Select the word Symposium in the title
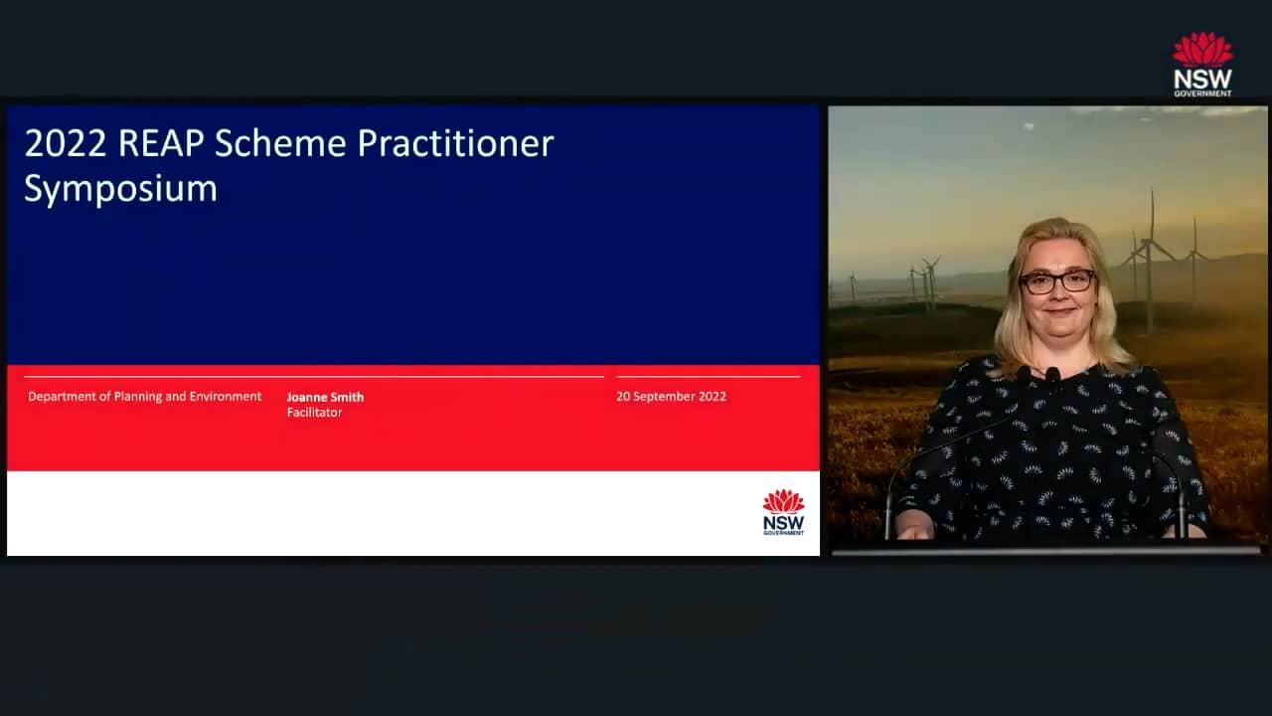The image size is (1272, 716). [x=120, y=189]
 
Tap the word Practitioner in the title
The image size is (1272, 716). [x=455, y=144]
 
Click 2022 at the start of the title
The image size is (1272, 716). [x=66, y=144]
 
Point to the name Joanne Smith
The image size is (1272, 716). [x=325, y=397]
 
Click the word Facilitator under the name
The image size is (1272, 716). [x=314, y=413]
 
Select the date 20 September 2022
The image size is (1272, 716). [x=671, y=396]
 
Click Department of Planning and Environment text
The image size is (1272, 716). [x=145, y=396]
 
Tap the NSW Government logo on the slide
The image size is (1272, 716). [x=783, y=512]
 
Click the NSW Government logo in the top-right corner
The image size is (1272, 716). [x=1202, y=64]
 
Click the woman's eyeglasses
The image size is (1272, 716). [x=1057, y=281]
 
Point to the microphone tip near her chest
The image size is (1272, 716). [x=1051, y=375]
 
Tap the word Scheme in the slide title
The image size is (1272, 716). [x=281, y=144]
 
